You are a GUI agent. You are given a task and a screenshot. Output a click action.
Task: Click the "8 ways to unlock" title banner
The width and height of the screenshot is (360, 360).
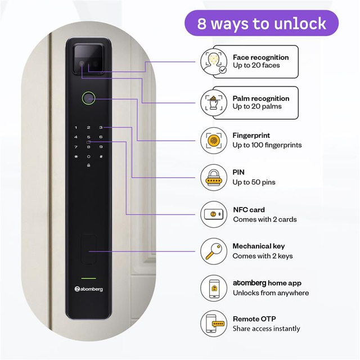point(262,23)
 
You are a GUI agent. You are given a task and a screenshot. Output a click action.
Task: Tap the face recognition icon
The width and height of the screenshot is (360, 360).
point(214,62)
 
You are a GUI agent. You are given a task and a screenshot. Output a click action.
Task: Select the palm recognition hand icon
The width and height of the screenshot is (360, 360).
point(214,103)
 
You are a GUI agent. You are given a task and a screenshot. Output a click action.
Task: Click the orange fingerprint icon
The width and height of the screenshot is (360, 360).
point(214,140)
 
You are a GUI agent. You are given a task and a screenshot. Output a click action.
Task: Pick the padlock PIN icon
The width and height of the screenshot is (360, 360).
point(214,178)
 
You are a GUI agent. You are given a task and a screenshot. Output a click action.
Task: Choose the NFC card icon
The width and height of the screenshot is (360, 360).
point(214,214)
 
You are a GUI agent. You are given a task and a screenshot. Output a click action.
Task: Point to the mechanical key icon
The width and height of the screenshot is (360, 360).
point(214,251)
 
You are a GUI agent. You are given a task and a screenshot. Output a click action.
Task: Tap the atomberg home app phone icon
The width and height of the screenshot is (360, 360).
point(214,288)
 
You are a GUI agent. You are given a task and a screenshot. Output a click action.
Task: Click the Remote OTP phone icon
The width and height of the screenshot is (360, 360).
point(214,324)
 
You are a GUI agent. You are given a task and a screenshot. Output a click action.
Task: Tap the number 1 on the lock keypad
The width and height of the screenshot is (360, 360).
point(76,128)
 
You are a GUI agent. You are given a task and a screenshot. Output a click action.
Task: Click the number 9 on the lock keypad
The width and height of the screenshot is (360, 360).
point(101,147)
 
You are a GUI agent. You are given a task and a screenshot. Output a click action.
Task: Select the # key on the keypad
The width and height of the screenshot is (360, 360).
point(101,156)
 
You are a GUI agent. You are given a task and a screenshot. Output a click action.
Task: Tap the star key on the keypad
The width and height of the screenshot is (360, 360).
point(76,156)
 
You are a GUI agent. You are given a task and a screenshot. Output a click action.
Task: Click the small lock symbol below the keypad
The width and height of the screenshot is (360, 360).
point(89,165)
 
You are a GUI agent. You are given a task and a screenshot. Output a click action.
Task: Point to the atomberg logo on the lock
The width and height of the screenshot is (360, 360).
point(89,289)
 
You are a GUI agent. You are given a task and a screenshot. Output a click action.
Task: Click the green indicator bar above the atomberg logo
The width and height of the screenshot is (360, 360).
point(89,278)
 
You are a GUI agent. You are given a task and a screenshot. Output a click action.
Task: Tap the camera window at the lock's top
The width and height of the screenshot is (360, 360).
point(89,58)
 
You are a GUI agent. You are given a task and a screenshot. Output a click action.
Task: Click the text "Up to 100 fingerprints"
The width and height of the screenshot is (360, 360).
point(267,145)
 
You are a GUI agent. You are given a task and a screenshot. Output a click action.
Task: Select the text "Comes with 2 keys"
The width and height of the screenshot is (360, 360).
point(263,256)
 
